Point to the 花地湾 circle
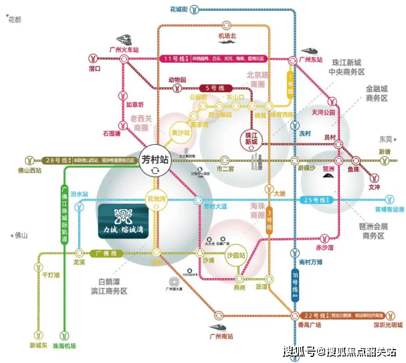click(x=155, y=198)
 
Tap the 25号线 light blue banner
click(x=314, y=201)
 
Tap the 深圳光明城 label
click(x=387, y=325)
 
